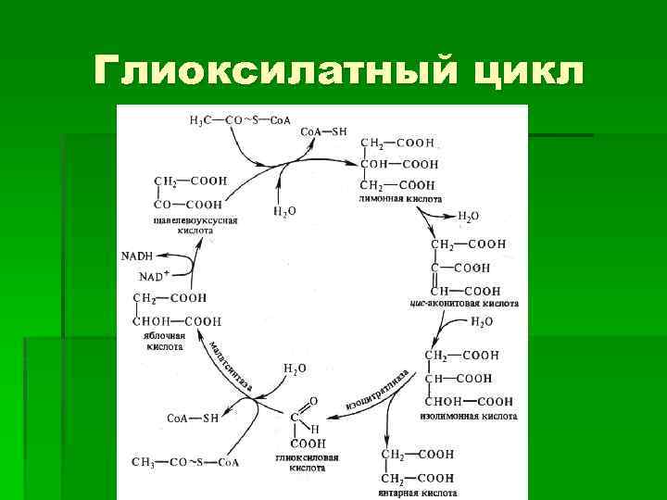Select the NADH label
(136, 256)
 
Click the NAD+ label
(154, 276)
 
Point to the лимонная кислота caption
(399, 199)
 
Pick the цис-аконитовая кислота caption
(463, 303)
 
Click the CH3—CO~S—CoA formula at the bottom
(185, 462)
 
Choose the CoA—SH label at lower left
(193, 418)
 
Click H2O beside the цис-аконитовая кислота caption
(482, 322)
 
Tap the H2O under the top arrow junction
(284, 211)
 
